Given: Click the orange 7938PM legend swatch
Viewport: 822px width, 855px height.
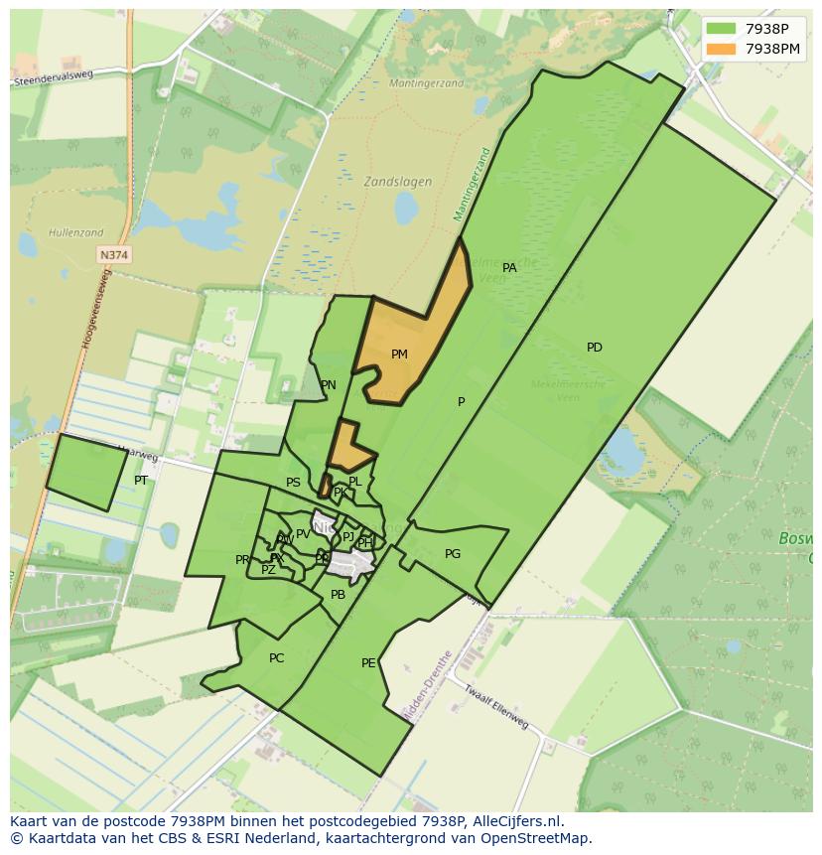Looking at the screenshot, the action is click(x=722, y=49).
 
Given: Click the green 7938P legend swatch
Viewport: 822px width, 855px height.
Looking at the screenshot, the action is click(x=722, y=30).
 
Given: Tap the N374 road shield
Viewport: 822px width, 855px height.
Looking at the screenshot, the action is click(x=114, y=255).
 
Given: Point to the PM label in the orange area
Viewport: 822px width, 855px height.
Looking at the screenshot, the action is click(x=399, y=355).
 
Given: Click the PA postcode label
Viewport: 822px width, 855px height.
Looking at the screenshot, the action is click(x=509, y=268).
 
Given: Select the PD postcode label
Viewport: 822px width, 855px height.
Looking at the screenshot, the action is click(x=594, y=348).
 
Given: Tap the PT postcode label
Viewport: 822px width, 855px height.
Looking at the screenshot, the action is click(x=141, y=481).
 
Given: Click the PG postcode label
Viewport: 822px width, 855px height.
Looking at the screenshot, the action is click(x=453, y=554).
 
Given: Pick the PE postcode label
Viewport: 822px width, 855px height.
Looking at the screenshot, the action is click(x=368, y=663).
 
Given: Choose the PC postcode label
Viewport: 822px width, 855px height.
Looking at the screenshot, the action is click(x=276, y=658).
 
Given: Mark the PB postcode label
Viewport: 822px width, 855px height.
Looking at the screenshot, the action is click(x=338, y=595).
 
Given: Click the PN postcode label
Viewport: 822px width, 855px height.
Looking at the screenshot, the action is click(x=328, y=385).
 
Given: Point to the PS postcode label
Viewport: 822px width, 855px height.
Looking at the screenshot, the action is click(x=293, y=484).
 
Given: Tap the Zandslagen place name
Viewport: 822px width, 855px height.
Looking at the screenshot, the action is click(x=397, y=182).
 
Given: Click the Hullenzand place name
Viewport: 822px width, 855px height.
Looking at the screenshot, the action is click(x=75, y=233).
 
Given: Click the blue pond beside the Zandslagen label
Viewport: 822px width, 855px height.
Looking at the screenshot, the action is click(x=406, y=209).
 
